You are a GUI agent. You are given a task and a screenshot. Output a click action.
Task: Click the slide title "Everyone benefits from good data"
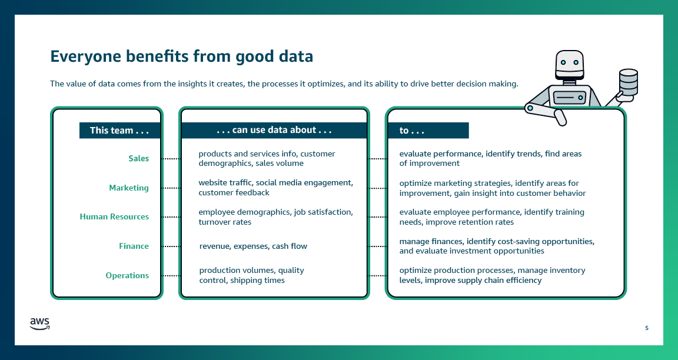181,56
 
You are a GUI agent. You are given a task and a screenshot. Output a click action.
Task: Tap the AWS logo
39,324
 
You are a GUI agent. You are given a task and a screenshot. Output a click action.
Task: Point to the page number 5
646,328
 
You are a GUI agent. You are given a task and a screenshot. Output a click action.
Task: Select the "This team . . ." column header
119,131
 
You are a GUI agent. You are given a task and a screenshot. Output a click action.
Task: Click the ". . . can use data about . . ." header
274,130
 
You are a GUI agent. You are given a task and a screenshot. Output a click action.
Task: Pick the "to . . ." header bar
427,131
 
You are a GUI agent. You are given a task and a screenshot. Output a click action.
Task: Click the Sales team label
138,158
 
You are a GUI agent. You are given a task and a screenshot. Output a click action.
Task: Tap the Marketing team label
129,188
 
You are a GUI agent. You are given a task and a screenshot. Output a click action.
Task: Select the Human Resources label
114,216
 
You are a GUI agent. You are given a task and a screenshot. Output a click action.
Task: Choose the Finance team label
134,246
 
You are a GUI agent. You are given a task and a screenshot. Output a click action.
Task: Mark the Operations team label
127,275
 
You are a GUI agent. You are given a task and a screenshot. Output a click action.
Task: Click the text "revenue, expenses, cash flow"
253,246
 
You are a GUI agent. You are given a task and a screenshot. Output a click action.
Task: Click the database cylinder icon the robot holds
628,82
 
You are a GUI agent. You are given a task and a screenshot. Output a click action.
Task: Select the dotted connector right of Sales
171,159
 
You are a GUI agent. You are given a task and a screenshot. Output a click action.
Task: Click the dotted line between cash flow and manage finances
377,246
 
